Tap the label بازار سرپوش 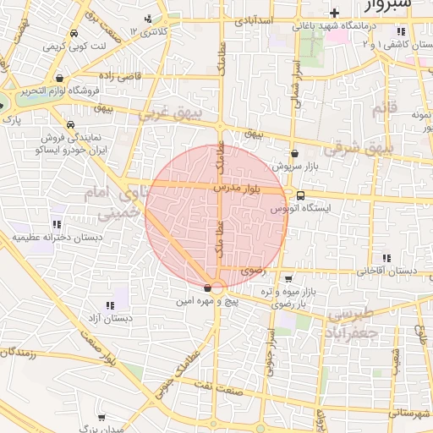pyautogui.click(x=294, y=167)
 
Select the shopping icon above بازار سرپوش pyautogui.click(x=294, y=154)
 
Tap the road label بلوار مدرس pyautogui.click(x=239, y=184)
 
